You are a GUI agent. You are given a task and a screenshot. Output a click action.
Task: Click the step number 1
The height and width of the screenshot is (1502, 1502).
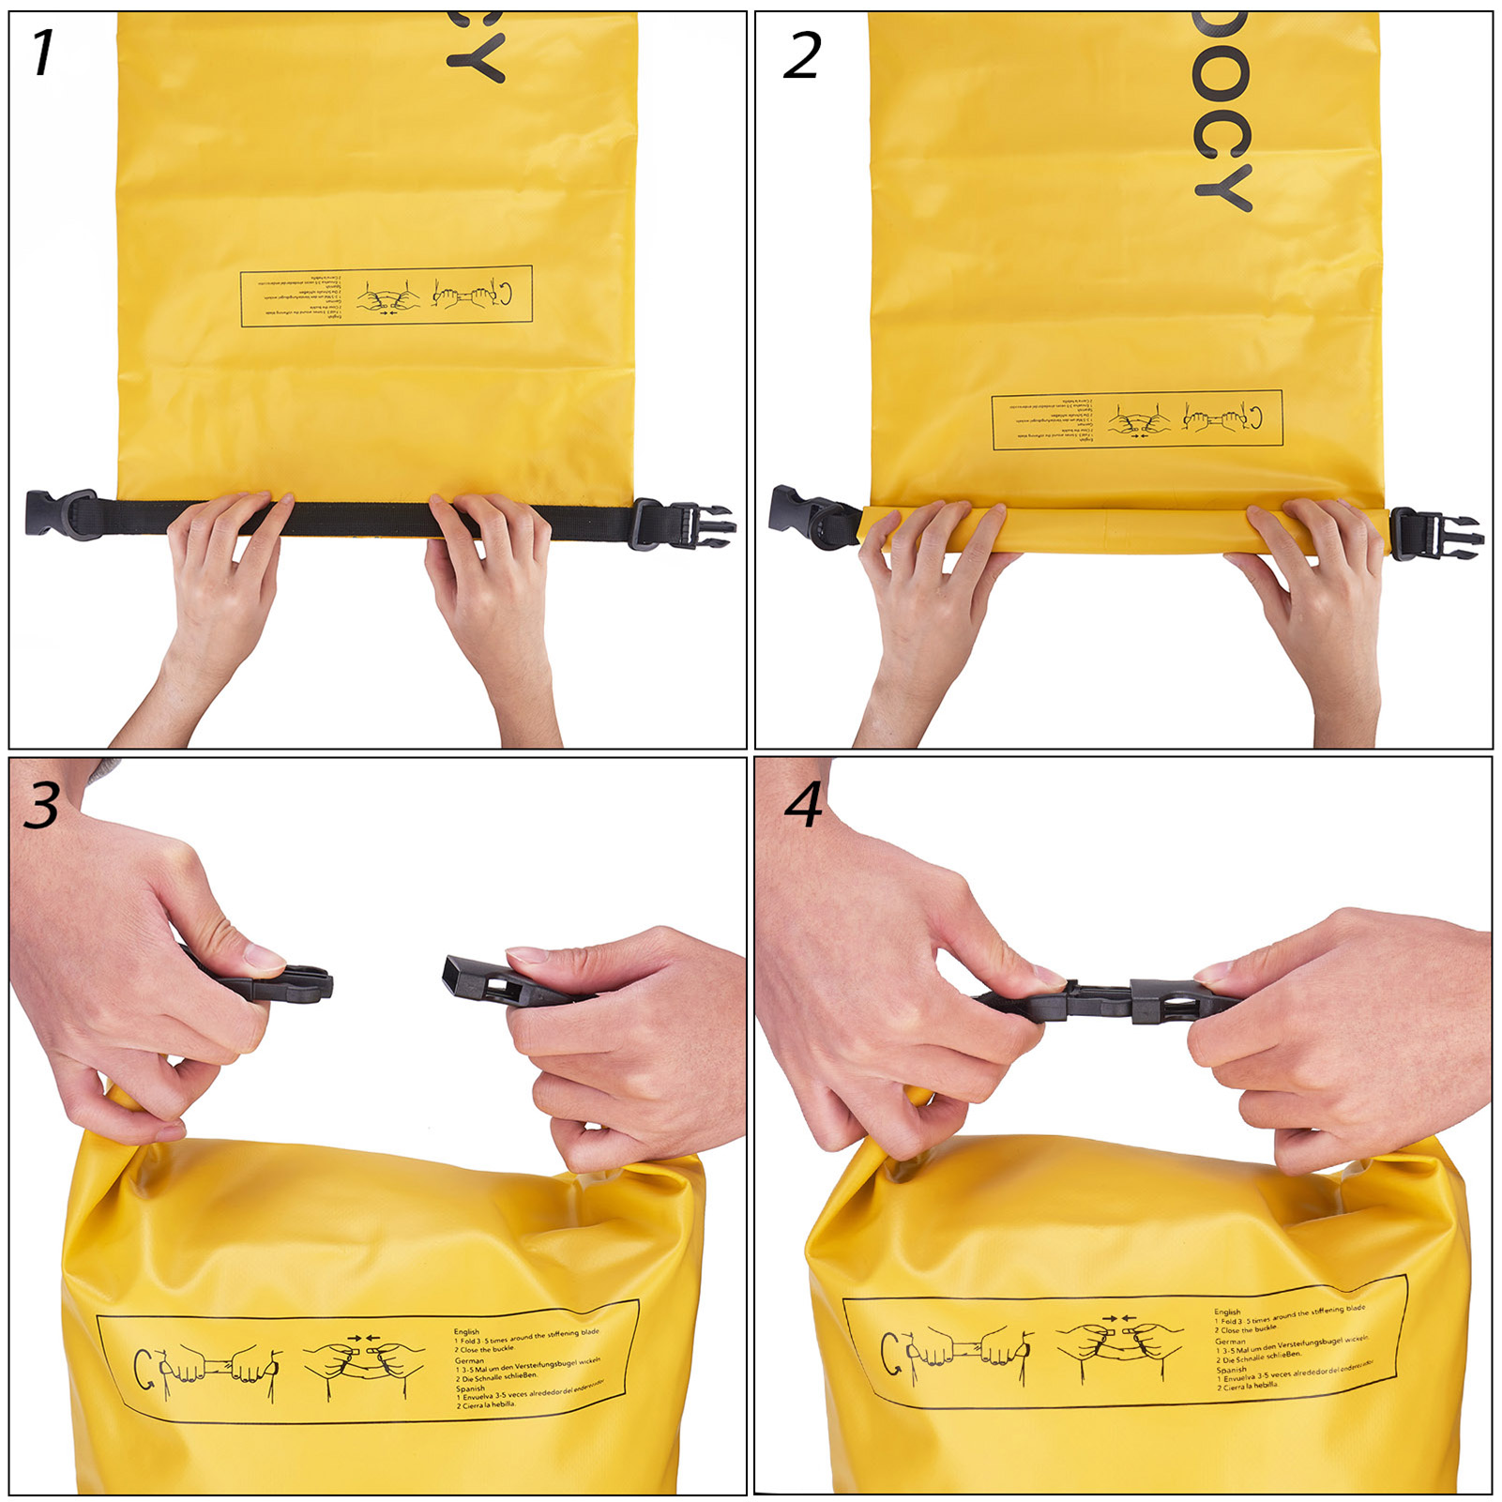coord(43,53)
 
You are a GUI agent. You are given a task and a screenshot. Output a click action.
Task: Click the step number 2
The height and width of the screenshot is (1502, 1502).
coord(803,55)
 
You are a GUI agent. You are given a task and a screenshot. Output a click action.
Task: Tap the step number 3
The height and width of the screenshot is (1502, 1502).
coord(42,805)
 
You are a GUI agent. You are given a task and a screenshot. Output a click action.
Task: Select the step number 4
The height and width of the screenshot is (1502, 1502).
coord(805,805)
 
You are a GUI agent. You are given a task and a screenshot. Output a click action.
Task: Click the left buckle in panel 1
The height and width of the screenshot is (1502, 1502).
coord(62,514)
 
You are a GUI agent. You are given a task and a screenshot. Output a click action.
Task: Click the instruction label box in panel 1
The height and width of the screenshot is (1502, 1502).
coord(386,296)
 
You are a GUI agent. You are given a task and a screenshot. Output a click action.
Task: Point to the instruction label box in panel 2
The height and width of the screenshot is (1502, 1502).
coord(1136,419)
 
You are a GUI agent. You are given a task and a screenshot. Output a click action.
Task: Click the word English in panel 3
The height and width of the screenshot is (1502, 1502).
coord(466,1331)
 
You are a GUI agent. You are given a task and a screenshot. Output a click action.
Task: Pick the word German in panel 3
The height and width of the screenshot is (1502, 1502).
coord(469,1359)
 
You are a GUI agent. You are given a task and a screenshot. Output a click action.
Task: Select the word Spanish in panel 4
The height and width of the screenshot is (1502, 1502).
coord(1231,1369)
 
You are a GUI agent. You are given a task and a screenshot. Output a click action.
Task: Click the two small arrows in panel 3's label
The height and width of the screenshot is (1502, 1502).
coord(363,1338)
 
